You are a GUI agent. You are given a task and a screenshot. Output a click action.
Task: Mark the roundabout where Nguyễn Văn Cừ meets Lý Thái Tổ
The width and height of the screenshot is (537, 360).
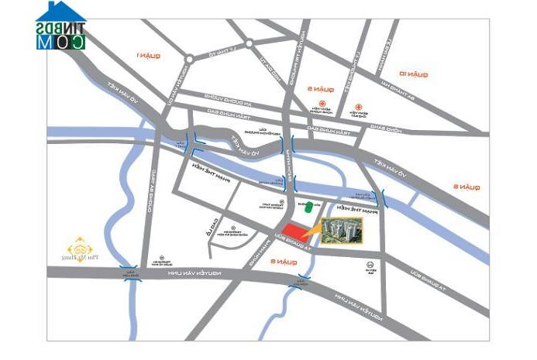coord(188,59)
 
